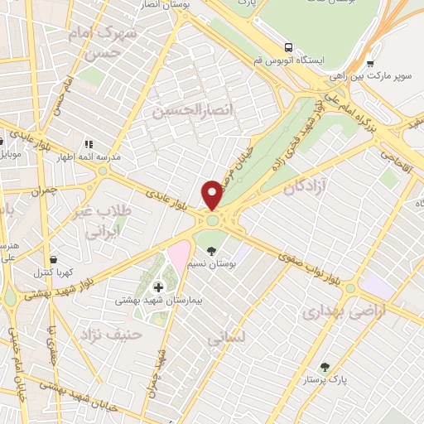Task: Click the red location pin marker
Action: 213,195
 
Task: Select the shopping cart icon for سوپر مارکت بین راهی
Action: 370,63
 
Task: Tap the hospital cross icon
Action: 159,287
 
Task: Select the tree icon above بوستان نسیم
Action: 212,250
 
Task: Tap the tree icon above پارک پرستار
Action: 325,367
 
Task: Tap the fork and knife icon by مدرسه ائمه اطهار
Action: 89,143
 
